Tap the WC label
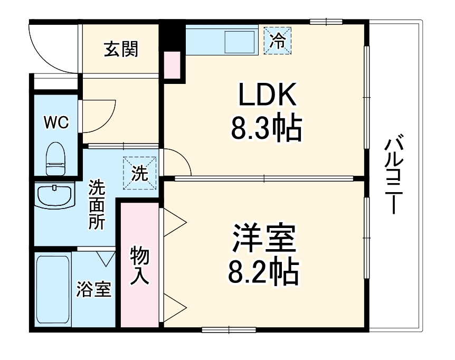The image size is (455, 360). point(55,122)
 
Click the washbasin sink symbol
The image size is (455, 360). point(54,196)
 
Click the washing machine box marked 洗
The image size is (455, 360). point(140,173)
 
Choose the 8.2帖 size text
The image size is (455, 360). point(262,272)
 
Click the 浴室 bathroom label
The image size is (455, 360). point(93,289)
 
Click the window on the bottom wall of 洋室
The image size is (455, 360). point(229,330)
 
